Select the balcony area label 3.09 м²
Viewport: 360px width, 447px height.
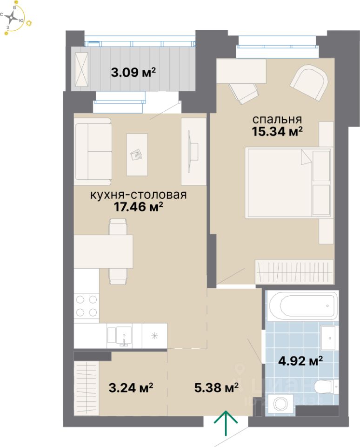[133, 73]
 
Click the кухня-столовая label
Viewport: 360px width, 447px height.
[138, 195]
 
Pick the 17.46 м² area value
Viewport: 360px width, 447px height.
[138, 207]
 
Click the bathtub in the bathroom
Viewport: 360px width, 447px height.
[302, 306]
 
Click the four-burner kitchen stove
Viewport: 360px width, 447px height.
[87, 306]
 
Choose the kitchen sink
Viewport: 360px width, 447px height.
[124, 335]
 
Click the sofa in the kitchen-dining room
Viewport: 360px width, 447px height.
[93, 150]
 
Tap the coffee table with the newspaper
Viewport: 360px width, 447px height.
[137, 155]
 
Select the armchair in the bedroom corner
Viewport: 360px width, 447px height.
[308, 82]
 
